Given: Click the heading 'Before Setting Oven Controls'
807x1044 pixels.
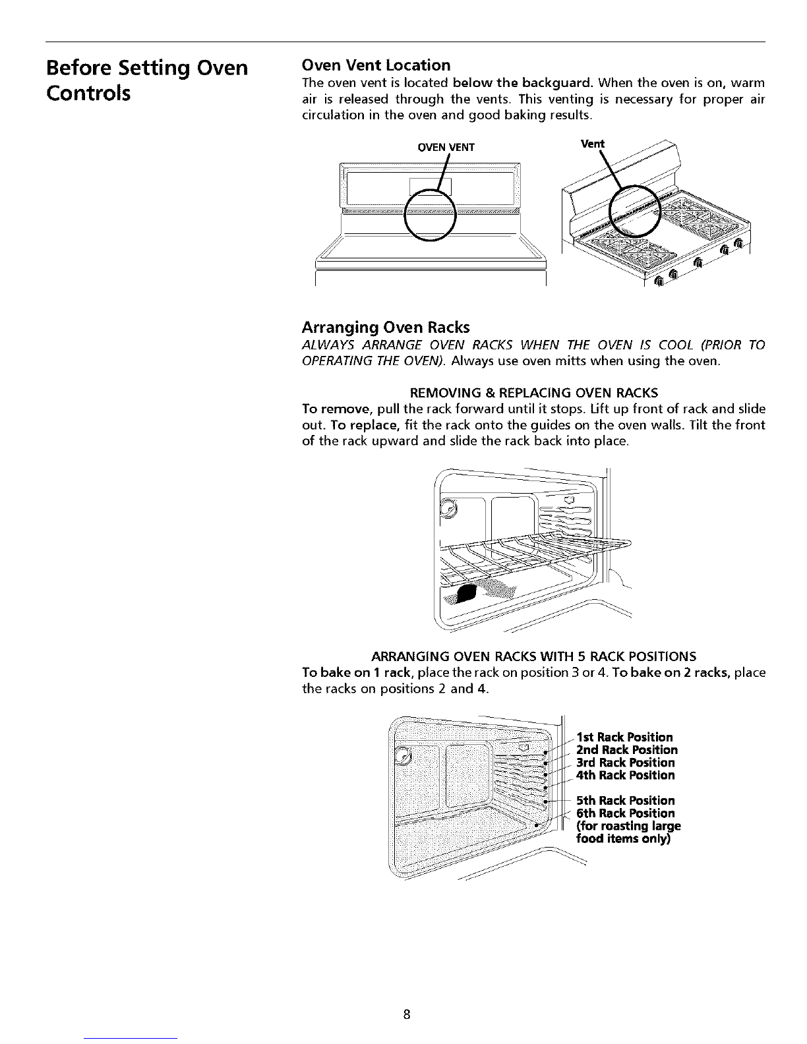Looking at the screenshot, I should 146,80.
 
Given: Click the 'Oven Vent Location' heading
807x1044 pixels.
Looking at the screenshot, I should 376,65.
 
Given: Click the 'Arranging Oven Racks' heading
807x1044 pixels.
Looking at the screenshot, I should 386,327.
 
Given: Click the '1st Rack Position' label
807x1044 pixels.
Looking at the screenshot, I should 624,737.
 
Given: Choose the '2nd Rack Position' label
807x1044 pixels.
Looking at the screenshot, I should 626,749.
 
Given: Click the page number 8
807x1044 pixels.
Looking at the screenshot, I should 407,1014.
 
